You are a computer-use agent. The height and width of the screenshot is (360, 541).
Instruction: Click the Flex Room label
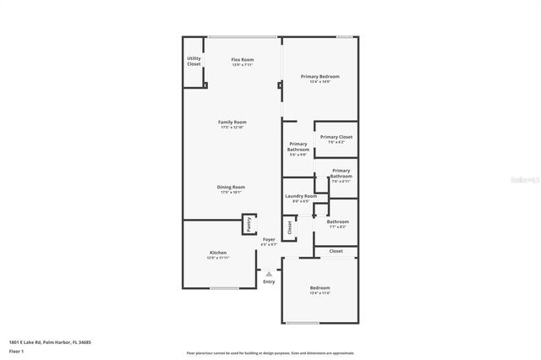243,61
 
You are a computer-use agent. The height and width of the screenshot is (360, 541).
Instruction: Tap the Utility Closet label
194,61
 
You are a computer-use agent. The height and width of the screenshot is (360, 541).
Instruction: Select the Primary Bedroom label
320,79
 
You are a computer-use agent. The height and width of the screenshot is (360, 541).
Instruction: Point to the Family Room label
232,124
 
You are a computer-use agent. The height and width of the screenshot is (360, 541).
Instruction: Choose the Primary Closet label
336,139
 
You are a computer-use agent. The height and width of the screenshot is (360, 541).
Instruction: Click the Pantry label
249,224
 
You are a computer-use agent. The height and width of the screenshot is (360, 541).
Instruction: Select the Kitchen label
218,254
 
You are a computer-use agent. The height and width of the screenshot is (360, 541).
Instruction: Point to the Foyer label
269,242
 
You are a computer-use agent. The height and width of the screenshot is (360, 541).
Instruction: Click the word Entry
269,281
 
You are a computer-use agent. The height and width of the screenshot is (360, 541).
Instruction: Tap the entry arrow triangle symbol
269,274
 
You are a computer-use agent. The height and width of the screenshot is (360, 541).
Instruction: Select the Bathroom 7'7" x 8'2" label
337,224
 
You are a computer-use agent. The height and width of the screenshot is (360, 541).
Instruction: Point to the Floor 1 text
16,350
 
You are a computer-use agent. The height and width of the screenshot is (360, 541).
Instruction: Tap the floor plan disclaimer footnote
270,352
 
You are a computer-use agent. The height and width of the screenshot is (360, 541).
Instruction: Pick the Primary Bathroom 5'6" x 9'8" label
298,149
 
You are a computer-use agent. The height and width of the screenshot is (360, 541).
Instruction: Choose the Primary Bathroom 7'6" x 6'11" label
341,176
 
